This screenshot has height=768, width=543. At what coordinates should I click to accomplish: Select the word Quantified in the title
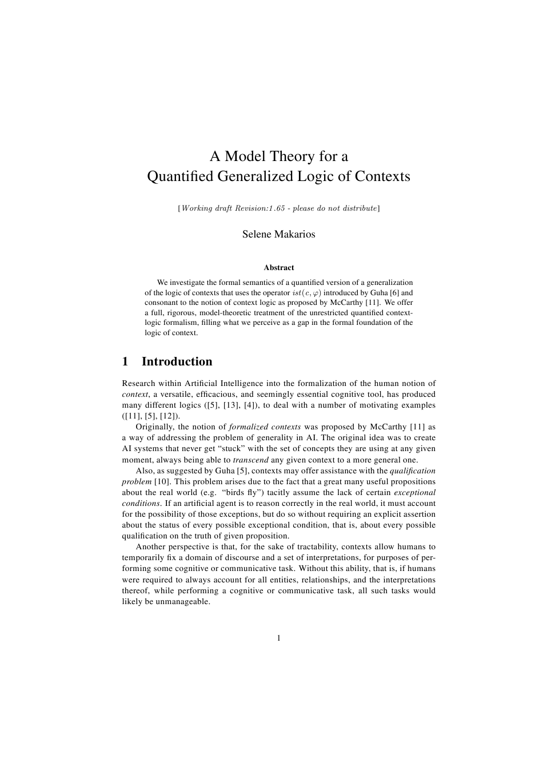180,176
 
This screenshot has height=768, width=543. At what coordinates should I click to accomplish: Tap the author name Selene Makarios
278,234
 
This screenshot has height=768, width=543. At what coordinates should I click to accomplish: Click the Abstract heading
279,267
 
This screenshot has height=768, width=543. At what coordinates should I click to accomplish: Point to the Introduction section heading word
177,361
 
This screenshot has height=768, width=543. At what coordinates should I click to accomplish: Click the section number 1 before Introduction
125,361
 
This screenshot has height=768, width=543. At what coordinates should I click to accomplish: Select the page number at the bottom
278,638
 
